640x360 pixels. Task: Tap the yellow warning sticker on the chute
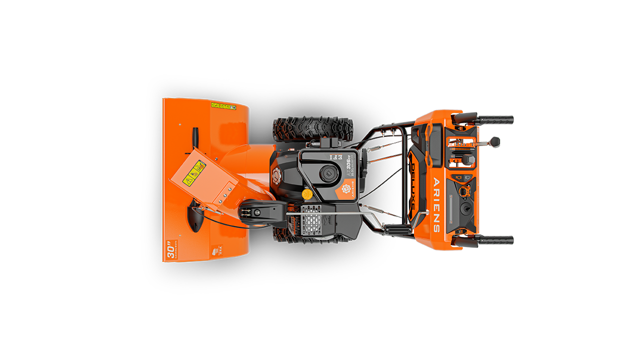point(195,172)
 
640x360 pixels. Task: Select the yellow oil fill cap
point(307,193)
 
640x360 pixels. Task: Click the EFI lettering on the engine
point(335,156)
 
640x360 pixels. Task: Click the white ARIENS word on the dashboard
point(436,204)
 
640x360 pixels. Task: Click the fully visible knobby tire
point(313,128)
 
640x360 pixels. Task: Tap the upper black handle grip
point(495,120)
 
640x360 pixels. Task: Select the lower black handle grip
point(495,240)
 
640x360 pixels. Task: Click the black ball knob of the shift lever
point(495,141)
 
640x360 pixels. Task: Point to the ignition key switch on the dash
point(465,207)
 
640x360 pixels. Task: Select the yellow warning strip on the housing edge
point(223,106)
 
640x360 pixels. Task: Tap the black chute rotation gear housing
point(255,212)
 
